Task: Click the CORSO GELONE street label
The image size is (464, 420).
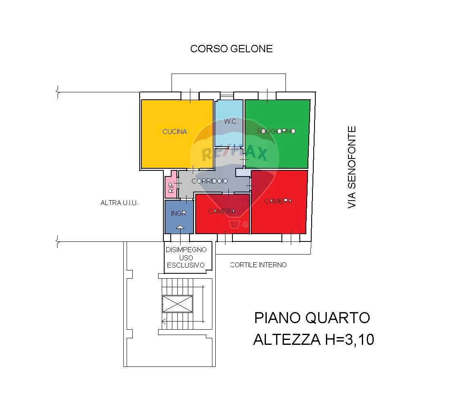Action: pyautogui.click(x=231, y=49)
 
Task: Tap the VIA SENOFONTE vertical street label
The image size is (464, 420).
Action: pyautogui.click(x=352, y=167)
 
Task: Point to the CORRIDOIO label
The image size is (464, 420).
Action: pyautogui.click(x=210, y=181)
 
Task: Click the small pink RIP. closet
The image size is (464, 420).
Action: pyautogui.click(x=171, y=187)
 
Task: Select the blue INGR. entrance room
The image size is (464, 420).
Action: pyautogui.click(x=179, y=214)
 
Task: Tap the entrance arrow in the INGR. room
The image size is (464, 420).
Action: pyautogui.click(x=180, y=227)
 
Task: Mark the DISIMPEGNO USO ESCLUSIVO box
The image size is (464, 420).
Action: pyautogui.click(x=186, y=257)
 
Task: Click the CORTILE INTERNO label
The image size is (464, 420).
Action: pyautogui.click(x=259, y=265)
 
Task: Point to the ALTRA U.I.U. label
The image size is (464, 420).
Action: pyautogui.click(x=119, y=203)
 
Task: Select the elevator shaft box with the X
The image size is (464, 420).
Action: pyautogui.click(x=177, y=304)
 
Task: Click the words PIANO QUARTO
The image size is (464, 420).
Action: pyautogui.click(x=312, y=318)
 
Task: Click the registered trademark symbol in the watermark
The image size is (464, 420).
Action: pyautogui.click(x=245, y=224)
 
